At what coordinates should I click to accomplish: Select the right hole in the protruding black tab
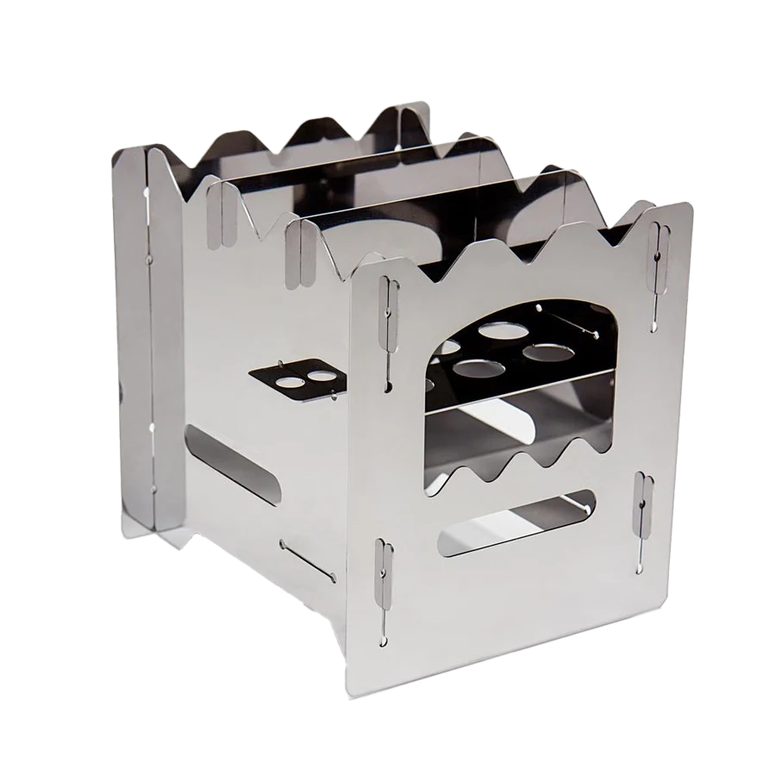click(321, 375)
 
